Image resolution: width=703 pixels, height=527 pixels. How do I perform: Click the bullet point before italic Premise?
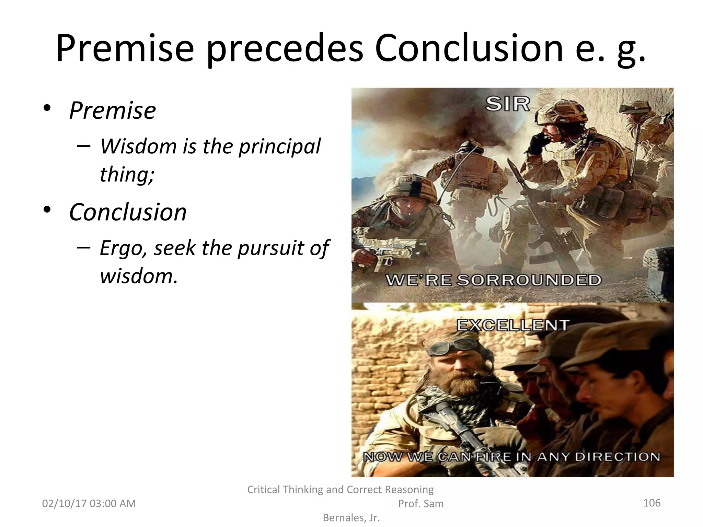coord(47,108)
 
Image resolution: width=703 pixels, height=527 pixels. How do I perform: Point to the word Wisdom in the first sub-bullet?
coord(138,146)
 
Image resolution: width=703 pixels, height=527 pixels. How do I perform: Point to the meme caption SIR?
coord(508,104)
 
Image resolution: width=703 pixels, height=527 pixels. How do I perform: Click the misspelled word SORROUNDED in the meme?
coord(529,280)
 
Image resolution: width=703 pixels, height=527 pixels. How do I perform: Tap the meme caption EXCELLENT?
coord(512,325)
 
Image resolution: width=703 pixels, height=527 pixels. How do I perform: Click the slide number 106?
coord(652,503)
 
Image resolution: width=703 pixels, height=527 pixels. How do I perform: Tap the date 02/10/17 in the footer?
coord(64,504)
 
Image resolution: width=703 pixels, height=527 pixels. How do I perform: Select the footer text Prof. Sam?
coord(420,504)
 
